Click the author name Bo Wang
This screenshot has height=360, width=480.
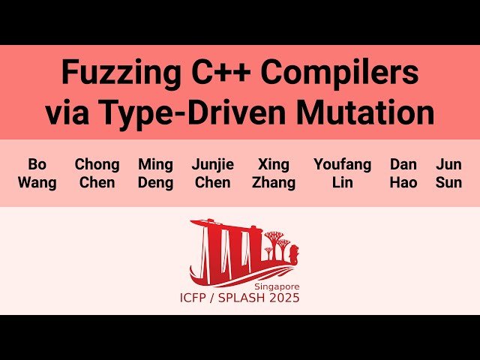(x=37, y=173)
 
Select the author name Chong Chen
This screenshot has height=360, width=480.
(x=97, y=173)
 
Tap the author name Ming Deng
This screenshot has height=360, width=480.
(x=155, y=173)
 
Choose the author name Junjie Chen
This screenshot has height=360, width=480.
(x=212, y=173)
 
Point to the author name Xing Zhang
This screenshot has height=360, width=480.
(x=273, y=173)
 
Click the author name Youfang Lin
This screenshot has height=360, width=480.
(x=342, y=173)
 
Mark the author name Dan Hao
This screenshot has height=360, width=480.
(x=403, y=173)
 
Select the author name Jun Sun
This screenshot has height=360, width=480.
(x=448, y=173)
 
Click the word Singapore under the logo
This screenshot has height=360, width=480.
(x=276, y=286)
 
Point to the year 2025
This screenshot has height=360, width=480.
(x=286, y=298)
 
